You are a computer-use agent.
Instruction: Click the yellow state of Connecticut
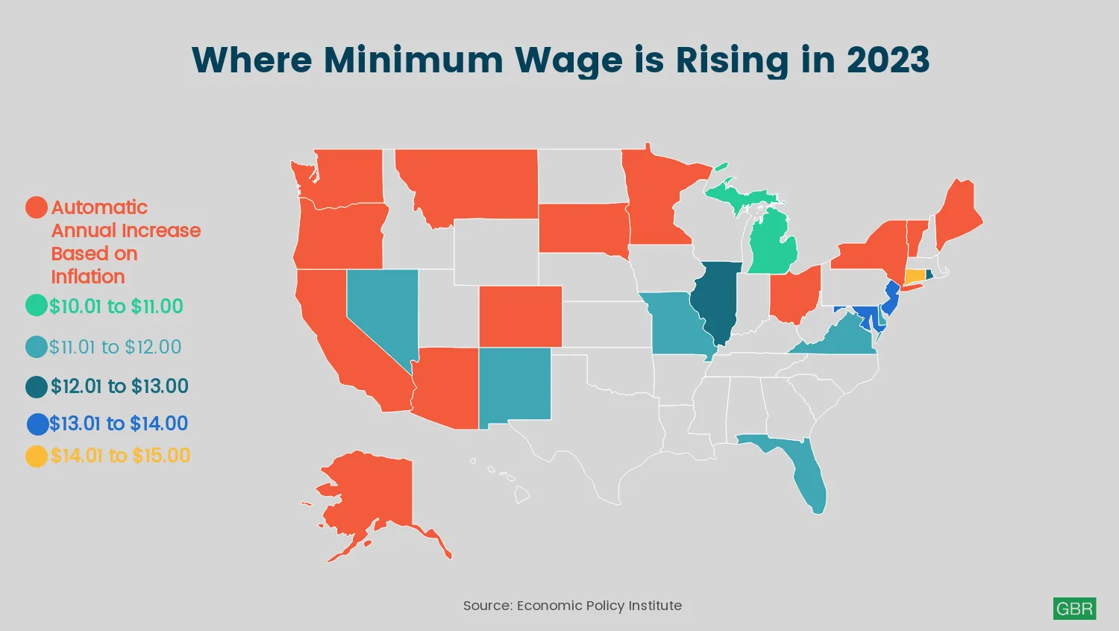coord(914,275)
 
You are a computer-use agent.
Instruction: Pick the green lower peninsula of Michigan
coord(773,246)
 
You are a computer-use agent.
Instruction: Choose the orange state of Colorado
coord(520,316)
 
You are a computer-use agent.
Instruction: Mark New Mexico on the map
coord(514,385)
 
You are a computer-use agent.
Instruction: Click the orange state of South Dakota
coord(583,227)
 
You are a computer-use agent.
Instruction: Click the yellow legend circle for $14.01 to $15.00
coord(37,456)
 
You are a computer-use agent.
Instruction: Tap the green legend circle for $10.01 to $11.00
coord(37,306)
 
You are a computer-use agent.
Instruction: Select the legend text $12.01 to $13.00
coord(119,386)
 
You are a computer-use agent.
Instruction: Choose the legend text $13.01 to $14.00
coord(119,424)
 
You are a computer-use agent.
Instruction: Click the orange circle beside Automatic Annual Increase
coord(37,207)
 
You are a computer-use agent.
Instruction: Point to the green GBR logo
coord(1074,609)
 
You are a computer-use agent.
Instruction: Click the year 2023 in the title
coord(888,60)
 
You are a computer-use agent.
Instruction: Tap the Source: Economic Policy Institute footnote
coord(572,606)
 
